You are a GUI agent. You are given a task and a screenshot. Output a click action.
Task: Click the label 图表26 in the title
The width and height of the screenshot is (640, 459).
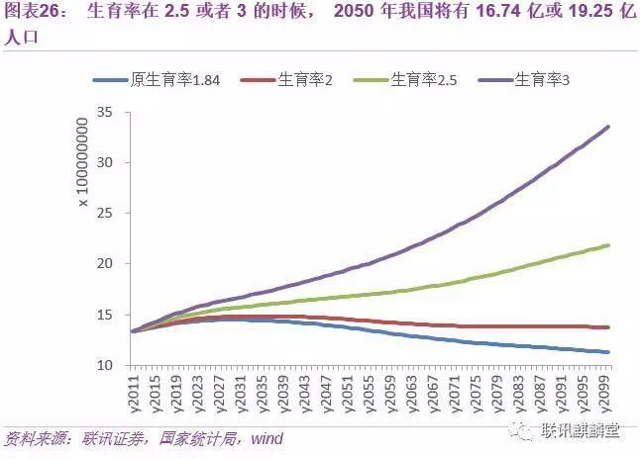[x=30, y=13]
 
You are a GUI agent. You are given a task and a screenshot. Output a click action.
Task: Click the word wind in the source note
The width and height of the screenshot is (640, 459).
[x=266, y=438]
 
